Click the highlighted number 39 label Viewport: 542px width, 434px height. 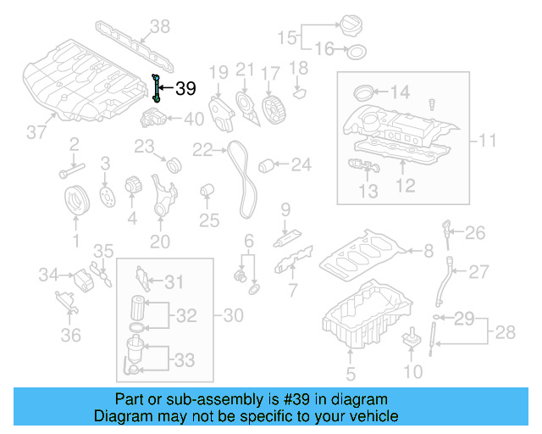tap(185, 88)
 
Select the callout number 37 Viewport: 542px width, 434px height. tap(36, 132)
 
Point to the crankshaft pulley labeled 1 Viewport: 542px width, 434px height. tap(77, 202)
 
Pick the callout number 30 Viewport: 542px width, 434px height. tap(233, 315)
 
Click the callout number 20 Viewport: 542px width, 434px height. tap(160, 242)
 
